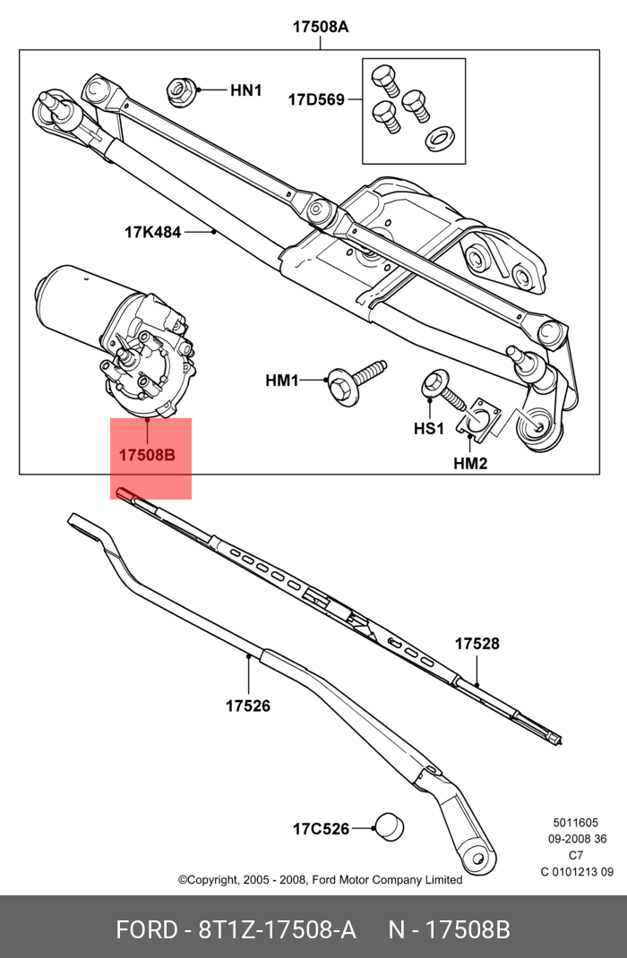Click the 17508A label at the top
point(320,27)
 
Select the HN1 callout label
point(245,90)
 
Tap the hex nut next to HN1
point(179,90)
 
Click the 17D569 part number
point(315,100)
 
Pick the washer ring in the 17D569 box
point(440,137)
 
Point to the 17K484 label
point(152,233)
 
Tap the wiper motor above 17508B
point(116,336)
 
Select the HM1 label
point(281,381)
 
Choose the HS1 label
point(429,429)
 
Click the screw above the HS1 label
point(439,387)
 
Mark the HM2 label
point(470,463)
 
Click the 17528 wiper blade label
point(477,644)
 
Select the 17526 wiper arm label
point(247,706)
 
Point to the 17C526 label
point(320,829)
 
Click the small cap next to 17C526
point(388,827)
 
